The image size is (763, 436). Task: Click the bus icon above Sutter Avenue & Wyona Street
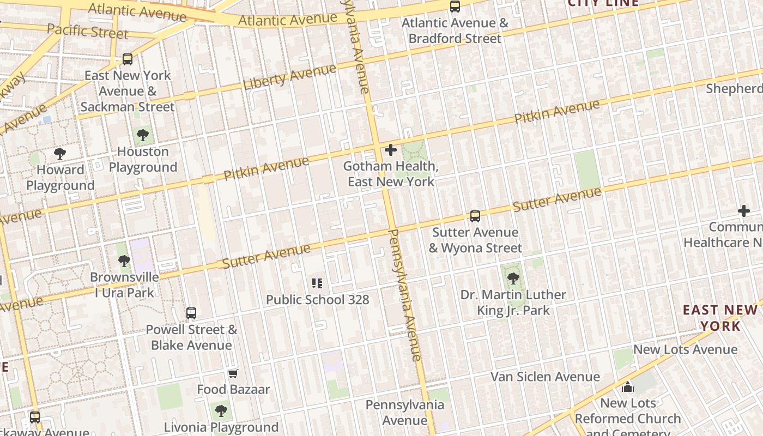(475, 216)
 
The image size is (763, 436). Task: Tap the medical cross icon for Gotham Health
(391, 150)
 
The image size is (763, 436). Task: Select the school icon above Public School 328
(317, 283)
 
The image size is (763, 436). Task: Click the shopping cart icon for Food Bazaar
(233, 373)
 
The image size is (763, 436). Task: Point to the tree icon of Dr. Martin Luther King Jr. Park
(513, 278)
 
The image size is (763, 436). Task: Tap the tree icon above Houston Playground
(143, 135)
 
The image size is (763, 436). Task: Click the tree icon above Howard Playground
(60, 154)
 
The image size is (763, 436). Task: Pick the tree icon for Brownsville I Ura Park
(124, 261)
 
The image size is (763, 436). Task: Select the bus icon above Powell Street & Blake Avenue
(191, 313)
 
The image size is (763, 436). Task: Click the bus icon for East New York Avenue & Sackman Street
(128, 59)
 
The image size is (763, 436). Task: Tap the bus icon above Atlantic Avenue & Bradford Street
(455, 7)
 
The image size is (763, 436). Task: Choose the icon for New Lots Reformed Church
(628, 387)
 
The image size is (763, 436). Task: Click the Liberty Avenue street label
(289, 77)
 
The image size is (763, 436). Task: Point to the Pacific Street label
(87, 31)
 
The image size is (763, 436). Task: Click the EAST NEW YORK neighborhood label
(720, 318)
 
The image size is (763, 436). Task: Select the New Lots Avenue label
(685, 349)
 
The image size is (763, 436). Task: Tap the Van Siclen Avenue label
(545, 377)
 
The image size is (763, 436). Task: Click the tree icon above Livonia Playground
(221, 410)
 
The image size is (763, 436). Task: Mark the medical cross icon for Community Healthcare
(744, 211)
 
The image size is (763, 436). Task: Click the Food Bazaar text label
(233, 389)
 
